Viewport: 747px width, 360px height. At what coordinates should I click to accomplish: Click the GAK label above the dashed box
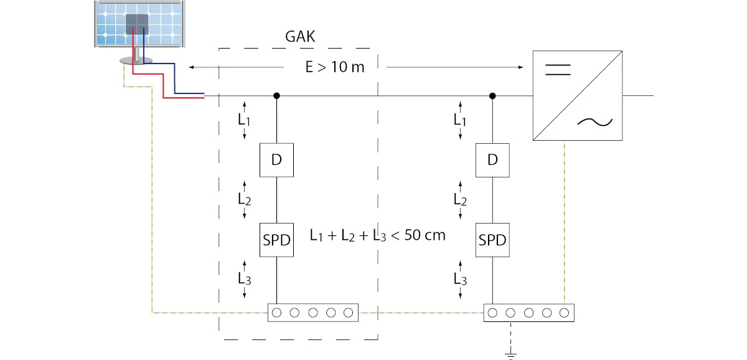point(300,37)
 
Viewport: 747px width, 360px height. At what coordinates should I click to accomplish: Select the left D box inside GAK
point(276,160)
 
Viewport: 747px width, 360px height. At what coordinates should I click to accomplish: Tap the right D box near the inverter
point(492,160)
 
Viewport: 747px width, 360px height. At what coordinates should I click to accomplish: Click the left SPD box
point(276,240)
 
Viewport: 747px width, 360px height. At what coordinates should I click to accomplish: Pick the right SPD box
point(492,240)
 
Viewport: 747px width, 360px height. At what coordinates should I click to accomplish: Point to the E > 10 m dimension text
point(335,67)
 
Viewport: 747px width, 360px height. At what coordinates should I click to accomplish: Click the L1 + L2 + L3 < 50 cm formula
point(377,235)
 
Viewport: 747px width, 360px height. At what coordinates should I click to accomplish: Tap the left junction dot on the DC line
point(276,96)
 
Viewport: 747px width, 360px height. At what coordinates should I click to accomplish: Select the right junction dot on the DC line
point(492,96)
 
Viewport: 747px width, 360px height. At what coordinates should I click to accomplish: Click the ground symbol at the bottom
point(510,356)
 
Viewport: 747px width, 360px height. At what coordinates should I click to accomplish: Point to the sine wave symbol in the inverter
point(595,122)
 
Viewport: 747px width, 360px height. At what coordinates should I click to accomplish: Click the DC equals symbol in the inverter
point(558,70)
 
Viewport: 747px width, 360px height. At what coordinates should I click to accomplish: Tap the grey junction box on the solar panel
point(137,24)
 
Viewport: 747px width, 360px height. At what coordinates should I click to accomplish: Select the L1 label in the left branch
point(244,120)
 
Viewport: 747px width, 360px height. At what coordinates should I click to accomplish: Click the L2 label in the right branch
point(460,199)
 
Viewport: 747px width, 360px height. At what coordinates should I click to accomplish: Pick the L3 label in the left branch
point(244,279)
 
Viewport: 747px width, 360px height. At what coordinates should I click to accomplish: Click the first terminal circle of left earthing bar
point(276,313)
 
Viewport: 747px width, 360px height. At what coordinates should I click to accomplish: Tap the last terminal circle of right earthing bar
point(564,313)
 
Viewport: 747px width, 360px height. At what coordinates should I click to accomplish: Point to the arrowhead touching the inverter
point(521,67)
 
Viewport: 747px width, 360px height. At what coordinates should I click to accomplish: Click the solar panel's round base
point(136,60)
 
